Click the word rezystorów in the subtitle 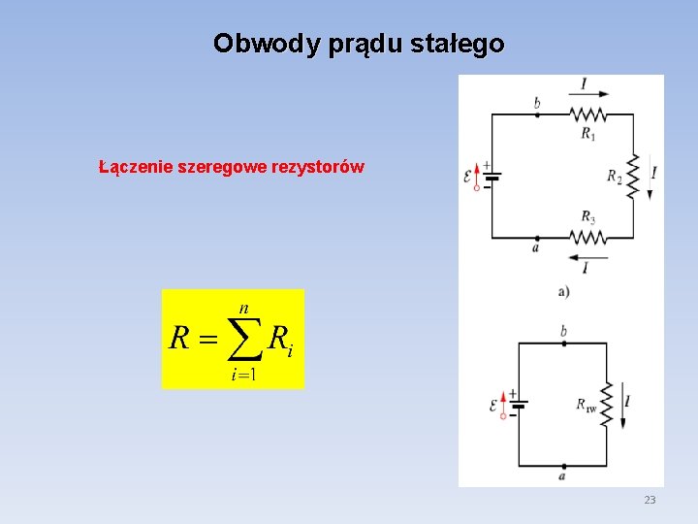(x=320, y=167)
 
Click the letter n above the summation (x=243, y=308)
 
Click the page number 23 (x=650, y=500)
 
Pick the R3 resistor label (x=588, y=217)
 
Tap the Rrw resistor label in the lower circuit (x=587, y=405)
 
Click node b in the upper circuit (x=538, y=114)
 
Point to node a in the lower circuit (x=563, y=466)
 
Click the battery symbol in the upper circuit (x=492, y=177)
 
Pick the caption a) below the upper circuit (x=563, y=291)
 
